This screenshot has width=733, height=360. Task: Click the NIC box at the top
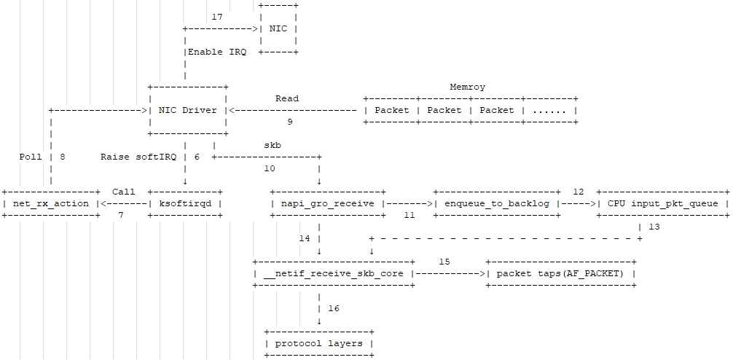(x=278, y=29)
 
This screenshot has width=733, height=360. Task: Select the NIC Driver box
(x=187, y=110)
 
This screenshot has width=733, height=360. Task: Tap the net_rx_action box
(x=51, y=203)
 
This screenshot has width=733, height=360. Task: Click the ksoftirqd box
(x=185, y=203)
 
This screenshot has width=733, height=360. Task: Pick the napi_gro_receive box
(x=328, y=203)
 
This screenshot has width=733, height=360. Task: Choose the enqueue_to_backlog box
(x=497, y=203)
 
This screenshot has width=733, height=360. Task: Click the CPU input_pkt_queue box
(x=663, y=203)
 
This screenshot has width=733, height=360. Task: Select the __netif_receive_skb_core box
(x=334, y=273)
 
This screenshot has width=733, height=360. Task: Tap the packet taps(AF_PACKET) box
(x=560, y=273)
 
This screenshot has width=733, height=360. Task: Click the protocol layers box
(x=319, y=343)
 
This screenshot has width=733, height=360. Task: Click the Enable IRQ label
(x=216, y=52)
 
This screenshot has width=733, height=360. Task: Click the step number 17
(x=216, y=17)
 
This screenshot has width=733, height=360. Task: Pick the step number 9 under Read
(x=290, y=122)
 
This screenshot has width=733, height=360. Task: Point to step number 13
(x=654, y=227)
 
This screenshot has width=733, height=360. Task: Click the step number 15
(x=444, y=261)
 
